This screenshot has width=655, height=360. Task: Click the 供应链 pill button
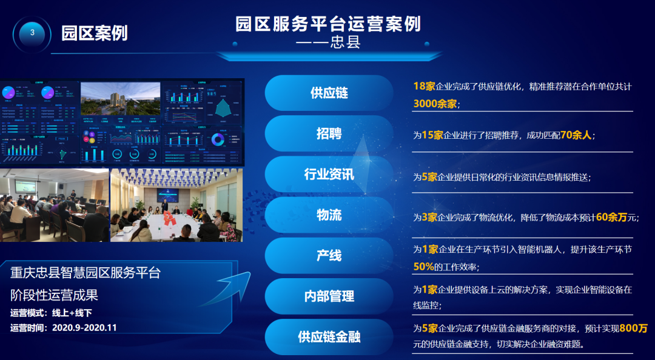click(329, 93)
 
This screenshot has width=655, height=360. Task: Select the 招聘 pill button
click(329, 134)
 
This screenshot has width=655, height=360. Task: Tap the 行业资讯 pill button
click(329, 175)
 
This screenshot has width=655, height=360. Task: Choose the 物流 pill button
click(329, 215)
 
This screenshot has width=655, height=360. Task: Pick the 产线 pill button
click(329, 256)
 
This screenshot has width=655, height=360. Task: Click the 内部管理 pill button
click(329, 296)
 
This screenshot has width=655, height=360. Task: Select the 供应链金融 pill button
click(329, 336)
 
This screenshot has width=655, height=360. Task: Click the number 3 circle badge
click(32, 33)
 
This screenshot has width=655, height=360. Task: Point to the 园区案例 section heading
click(94, 33)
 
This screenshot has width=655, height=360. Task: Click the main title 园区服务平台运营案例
click(328, 24)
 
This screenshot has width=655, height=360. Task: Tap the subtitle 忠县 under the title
click(346, 44)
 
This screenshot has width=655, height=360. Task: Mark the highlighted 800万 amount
click(634, 328)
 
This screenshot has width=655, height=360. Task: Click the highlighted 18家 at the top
click(424, 86)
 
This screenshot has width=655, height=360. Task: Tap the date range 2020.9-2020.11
click(84, 328)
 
